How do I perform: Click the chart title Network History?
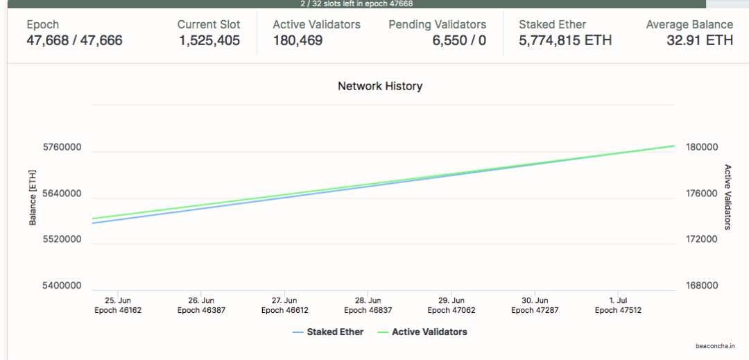tap(379, 86)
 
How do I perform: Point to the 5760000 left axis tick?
tap(62, 148)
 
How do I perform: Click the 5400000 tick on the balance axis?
tap(62, 285)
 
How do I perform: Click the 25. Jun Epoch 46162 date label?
tap(118, 305)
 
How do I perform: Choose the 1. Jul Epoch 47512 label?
tap(618, 305)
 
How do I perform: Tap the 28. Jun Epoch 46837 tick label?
tap(368, 305)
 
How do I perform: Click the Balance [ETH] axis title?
tap(33, 197)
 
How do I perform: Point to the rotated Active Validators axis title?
tap(728, 197)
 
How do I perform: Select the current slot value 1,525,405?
tap(209, 40)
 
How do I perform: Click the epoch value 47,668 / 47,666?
tap(74, 40)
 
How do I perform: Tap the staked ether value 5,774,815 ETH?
tap(565, 40)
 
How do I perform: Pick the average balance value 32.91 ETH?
tap(700, 40)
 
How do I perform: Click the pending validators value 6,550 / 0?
tap(459, 40)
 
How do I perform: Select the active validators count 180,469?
tap(298, 40)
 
